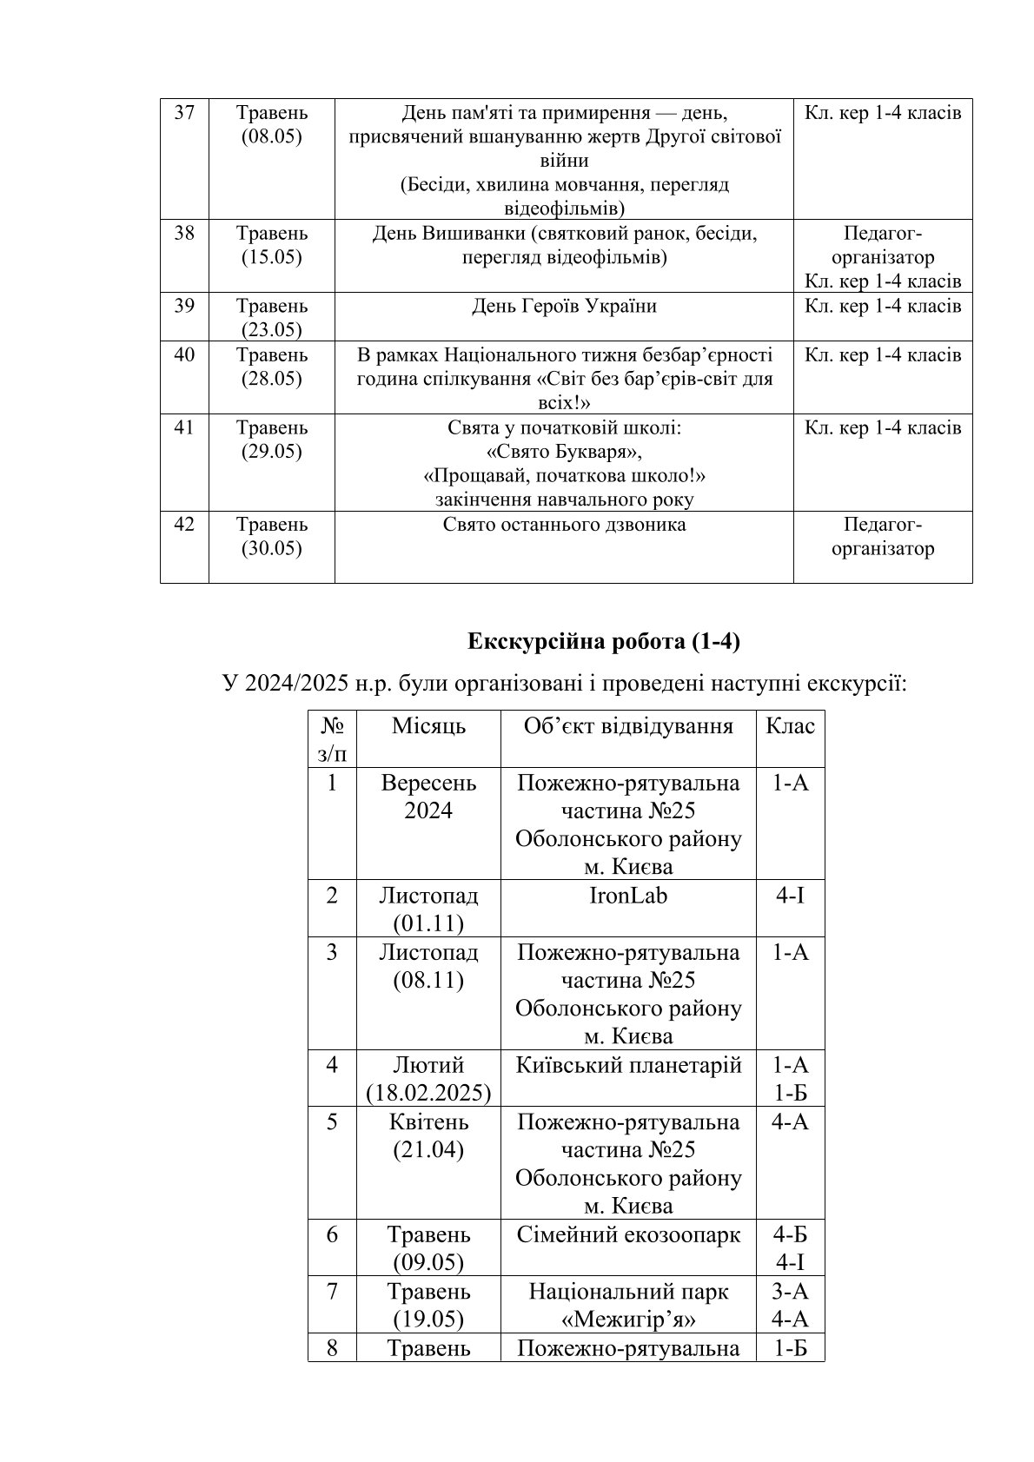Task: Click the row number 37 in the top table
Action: coord(184,113)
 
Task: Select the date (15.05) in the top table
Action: coord(271,258)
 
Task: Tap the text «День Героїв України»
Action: coord(564,306)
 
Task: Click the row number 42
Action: coord(184,525)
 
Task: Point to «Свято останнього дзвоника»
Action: coord(564,525)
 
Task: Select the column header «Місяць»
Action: coord(428,726)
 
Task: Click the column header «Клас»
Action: coord(790,726)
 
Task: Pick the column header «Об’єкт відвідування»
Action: coord(628,726)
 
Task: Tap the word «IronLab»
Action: coord(627,895)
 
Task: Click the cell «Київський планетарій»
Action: coord(628,1065)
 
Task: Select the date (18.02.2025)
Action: coord(428,1093)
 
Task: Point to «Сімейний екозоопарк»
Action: coord(628,1234)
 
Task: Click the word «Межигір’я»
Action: coord(628,1320)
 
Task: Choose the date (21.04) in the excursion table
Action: coord(428,1150)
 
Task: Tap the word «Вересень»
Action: coord(428,783)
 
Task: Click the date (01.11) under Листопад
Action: coord(428,923)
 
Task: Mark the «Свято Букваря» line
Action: coord(564,452)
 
